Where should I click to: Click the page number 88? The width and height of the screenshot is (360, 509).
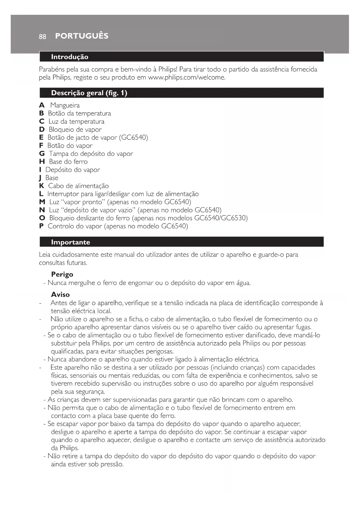coord(42,37)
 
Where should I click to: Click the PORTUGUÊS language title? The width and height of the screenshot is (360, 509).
coord(82,36)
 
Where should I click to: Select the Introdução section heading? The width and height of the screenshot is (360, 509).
coord(70,57)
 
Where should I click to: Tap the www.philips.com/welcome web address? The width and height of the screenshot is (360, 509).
coord(187,77)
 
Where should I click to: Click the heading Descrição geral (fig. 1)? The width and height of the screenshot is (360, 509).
coord(89,93)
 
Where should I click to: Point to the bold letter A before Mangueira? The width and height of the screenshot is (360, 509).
coord(42,105)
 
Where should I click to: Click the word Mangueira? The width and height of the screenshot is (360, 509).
coord(65,105)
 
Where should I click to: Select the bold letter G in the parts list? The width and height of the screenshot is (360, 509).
coord(42,154)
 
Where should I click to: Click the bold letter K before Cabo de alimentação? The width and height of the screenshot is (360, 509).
coord(42,186)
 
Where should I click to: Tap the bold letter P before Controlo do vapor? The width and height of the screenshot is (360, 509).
coord(41,226)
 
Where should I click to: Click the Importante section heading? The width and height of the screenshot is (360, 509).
coord(70,242)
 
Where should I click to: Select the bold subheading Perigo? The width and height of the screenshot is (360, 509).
coord(62,275)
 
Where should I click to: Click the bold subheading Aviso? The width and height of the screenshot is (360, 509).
coord(60,295)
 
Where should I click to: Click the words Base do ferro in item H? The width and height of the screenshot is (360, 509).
coord(68,162)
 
